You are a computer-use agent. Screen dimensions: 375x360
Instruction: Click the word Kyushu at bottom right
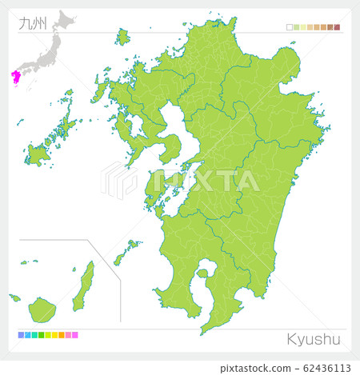click(x=314, y=339)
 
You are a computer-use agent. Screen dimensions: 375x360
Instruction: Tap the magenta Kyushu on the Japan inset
click(x=15, y=77)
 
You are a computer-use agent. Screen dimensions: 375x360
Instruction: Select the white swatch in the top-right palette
click(x=289, y=27)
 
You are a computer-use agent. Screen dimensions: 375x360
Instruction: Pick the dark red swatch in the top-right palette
click(x=337, y=27)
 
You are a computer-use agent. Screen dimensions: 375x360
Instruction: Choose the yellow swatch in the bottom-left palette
click(x=54, y=335)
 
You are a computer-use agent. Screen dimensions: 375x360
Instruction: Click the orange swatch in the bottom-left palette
click(x=61, y=335)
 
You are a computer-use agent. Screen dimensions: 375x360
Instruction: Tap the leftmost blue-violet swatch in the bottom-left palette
click(x=19, y=335)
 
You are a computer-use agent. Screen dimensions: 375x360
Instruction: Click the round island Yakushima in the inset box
click(x=41, y=308)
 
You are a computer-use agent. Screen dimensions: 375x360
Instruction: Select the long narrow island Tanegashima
click(x=83, y=286)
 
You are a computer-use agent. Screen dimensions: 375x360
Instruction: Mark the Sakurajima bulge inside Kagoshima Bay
click(x=203, y=275)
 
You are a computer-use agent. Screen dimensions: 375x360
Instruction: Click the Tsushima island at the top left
click(x=122, y=37)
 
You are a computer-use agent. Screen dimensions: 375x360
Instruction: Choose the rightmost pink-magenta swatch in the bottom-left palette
click(x=75, y=335)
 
